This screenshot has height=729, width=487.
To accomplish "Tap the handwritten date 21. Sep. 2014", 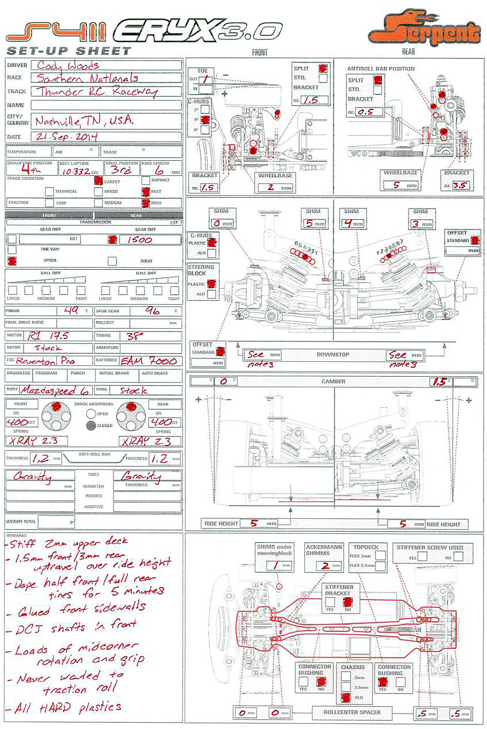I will click(x=67, y=136).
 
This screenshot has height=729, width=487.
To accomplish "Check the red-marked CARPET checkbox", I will click(x=99, y=180).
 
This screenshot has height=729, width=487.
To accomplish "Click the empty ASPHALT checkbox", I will click(x=145, y=180).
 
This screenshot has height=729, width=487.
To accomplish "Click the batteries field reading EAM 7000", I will click(x=150, y=361).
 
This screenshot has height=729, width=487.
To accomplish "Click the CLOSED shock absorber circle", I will click(x=91, y=425).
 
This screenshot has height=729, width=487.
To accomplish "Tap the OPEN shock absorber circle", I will click(x=91, y=413).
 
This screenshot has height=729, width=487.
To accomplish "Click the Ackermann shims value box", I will click(x=324, y=566).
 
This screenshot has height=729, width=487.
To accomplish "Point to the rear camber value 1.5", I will click(x=439, y=381).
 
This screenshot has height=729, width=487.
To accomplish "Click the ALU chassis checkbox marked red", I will click(x=346, y=698).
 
